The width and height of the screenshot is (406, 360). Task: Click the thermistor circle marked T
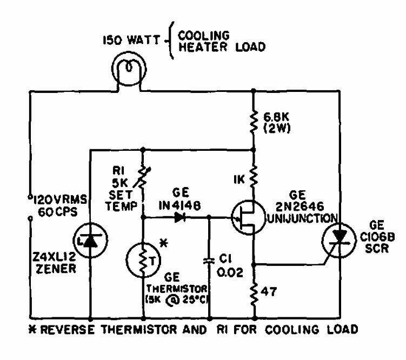(143, 260)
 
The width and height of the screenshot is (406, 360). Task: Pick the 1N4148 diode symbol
(179, 218)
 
